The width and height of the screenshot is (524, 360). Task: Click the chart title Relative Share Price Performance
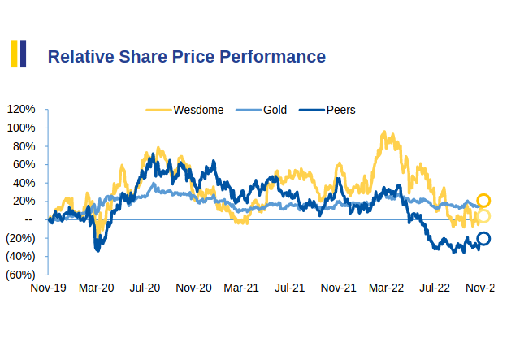click(186, 56)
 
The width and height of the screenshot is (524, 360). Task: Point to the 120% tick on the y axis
click(20, 110)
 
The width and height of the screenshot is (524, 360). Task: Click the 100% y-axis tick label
click(20, 128)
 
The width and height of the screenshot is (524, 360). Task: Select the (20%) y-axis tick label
click(19, 238)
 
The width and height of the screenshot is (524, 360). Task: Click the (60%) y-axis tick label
click(19, 275)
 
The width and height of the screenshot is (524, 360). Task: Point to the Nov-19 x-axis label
click(48, 288)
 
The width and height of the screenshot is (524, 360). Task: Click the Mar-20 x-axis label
click(96, 288)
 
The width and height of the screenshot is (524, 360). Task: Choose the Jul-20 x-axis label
click(144, 288)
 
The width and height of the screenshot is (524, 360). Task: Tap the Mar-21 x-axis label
click(241, 288)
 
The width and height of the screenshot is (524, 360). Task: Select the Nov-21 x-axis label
click(338, 288)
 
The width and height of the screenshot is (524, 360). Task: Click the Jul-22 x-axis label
click(435, 288)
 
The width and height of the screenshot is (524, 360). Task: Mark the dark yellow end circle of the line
click(483, 201)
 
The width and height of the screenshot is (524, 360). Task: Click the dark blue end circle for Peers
click(483, 238)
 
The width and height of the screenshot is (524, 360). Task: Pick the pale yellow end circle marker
click(483, 216)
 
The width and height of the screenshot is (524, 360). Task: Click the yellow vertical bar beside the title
click(14, 54)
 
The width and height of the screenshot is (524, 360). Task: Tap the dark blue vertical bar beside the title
click(23, 54)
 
